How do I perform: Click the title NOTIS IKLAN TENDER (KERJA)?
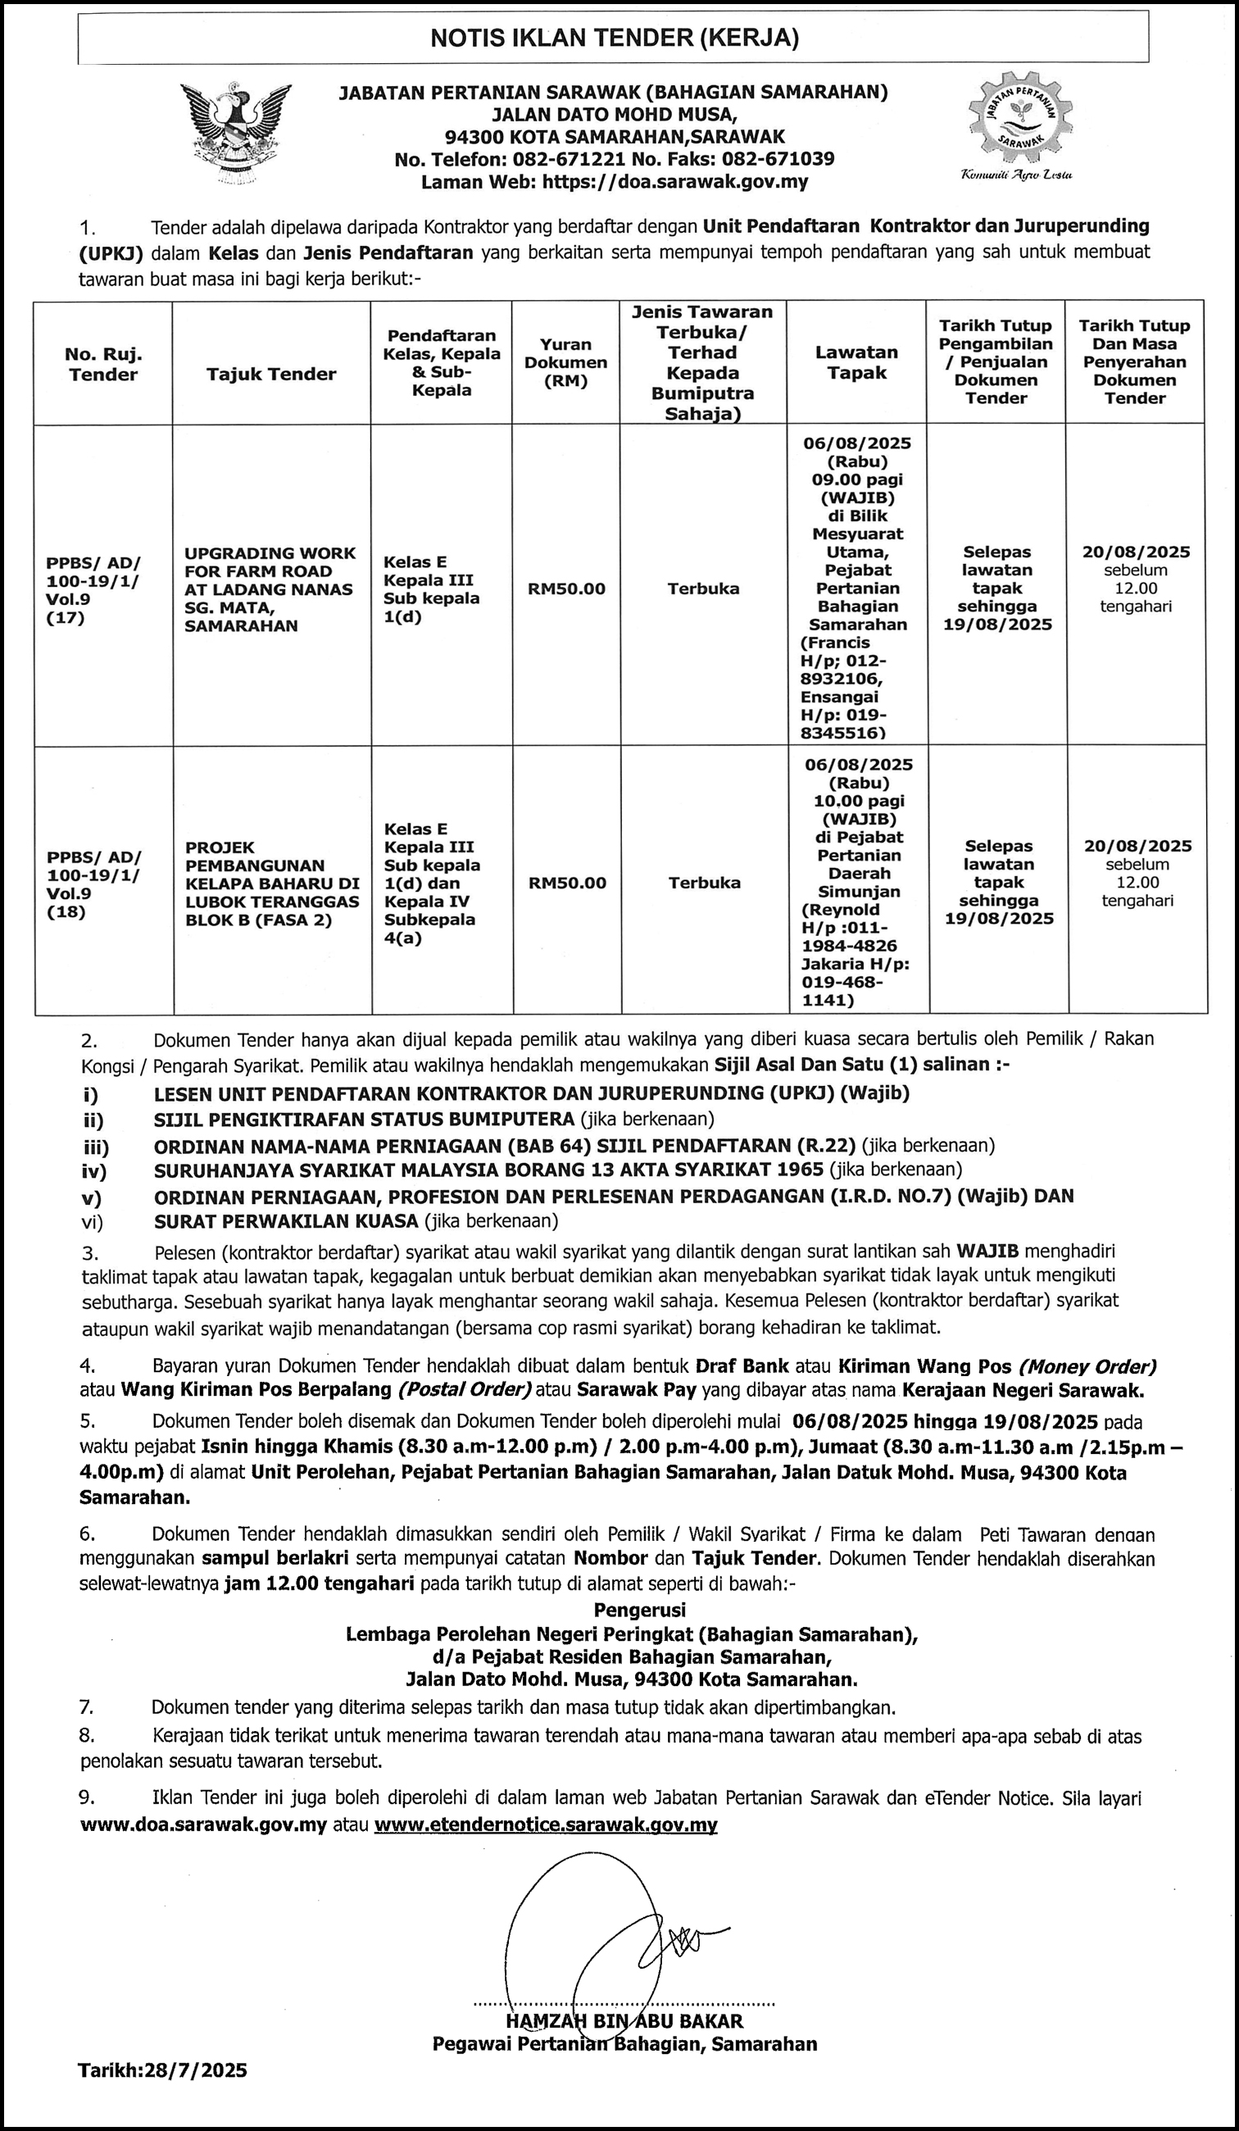(x=614, y=38)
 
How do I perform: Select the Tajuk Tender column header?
(x=271, y=374)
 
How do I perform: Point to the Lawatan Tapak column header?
(x=855, y=362)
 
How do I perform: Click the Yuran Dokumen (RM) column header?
(x=565, y=362)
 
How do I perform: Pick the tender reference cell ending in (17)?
(x=94, y=589)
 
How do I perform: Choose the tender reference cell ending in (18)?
(x=94, y=884)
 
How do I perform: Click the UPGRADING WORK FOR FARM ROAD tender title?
(x=270, y=589)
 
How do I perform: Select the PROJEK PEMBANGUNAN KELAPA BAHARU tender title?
(x=272, y=884)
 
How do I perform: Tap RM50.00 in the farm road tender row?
(x=566, y=589)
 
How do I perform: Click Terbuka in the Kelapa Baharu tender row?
(x=704, y=883)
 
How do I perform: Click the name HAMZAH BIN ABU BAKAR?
(x=624, y=2022)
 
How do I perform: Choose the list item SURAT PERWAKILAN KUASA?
(x=286, y=1221)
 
